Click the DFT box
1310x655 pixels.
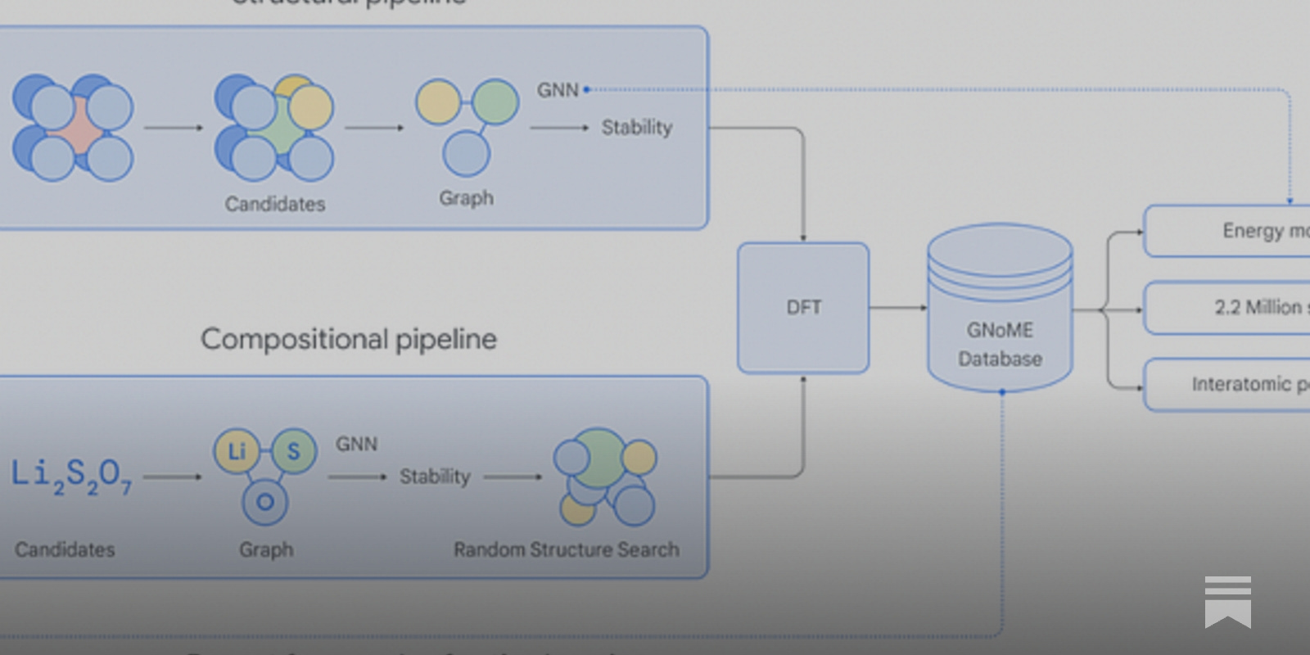(x=803, y=308)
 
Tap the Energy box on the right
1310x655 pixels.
(x=1228, y=231)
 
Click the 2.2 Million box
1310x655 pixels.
(x=1228, y=308)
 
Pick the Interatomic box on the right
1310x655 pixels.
(x=1228, y=384)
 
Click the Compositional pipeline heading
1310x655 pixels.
(x=349, y=339)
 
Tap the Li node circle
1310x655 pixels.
(x=237, y=451)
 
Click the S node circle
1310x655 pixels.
(x=293, y=451)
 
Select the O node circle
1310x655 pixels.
(x=265, y=502)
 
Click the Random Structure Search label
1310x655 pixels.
(x=567, y=549)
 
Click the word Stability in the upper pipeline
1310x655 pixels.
(x=637, y=128)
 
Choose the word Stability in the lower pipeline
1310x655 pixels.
(x=435, y=477)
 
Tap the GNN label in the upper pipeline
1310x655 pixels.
(x=558, y=90)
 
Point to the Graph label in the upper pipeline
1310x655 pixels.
(x=466, y=198)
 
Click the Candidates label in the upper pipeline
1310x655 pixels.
(x=275, y=204)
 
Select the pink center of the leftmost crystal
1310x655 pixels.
(x=75, y=127)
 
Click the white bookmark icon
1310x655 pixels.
(x=1227, y=602)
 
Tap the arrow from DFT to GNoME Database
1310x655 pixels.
(x=897, y=308)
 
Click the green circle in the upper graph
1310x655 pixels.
(x=495, y=102)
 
